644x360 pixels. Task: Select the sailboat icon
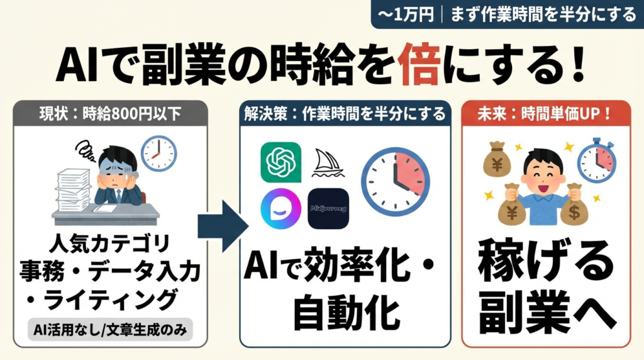[x=328, y=163]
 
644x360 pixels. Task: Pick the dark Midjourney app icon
[x=328, y=208]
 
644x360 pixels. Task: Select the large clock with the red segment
[x=395, y=181]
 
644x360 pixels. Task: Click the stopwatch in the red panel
[x=596, y=161]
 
